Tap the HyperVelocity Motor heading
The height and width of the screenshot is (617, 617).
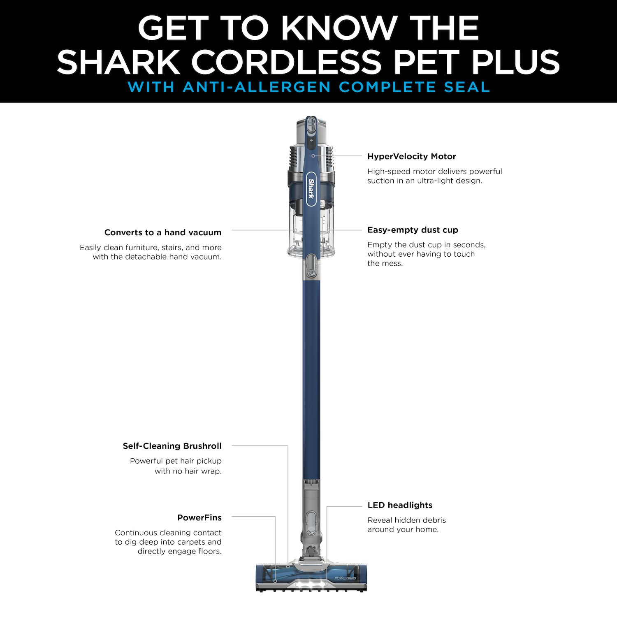point(411,156)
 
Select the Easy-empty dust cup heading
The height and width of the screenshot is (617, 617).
point(413,230)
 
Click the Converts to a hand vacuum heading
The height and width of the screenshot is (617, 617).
point(162,232)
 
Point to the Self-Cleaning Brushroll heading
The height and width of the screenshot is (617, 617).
point(172,446)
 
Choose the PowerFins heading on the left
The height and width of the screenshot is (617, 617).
point(199,517)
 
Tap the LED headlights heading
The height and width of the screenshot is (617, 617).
point(400,505)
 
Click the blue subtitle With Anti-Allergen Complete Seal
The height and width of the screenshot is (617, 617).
point(308,87)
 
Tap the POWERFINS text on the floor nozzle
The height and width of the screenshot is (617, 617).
point(345,578)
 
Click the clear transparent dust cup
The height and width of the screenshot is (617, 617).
point(311,239)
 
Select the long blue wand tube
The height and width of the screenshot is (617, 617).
point(311,378)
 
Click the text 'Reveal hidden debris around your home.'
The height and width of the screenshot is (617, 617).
point(406,525)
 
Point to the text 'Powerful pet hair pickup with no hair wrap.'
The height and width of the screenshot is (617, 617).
point(176,466)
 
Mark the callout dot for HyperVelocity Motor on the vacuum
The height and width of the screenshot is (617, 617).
point(313,156)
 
